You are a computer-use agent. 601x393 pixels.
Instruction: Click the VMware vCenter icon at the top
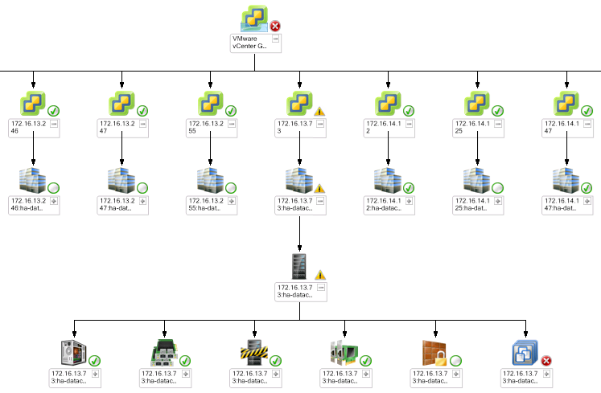[255, 18]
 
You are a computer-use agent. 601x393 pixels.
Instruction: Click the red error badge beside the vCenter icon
[276, 27]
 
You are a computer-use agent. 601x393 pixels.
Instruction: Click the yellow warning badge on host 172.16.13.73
[319, 112]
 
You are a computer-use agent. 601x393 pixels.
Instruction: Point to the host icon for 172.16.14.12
[389, 104]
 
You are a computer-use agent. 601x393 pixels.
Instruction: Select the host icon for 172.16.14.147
[567, 104]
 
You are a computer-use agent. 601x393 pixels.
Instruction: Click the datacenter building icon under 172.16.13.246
[31, 180]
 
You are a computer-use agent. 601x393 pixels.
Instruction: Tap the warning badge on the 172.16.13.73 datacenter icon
[319, 189]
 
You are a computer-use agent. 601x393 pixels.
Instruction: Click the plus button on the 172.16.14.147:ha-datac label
[590, 202]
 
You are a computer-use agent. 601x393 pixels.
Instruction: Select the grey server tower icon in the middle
[298, 265]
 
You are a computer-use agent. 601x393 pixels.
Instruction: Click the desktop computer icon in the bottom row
[74, 353]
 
